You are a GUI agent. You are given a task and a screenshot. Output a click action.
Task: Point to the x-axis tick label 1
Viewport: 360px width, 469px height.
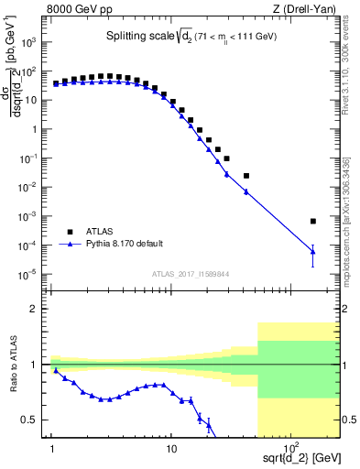tap(52, 448)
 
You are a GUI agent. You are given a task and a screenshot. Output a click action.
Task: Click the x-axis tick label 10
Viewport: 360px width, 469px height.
tap(170, 448)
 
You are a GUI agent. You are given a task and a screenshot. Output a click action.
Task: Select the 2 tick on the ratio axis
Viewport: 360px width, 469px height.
tap(39, 310)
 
